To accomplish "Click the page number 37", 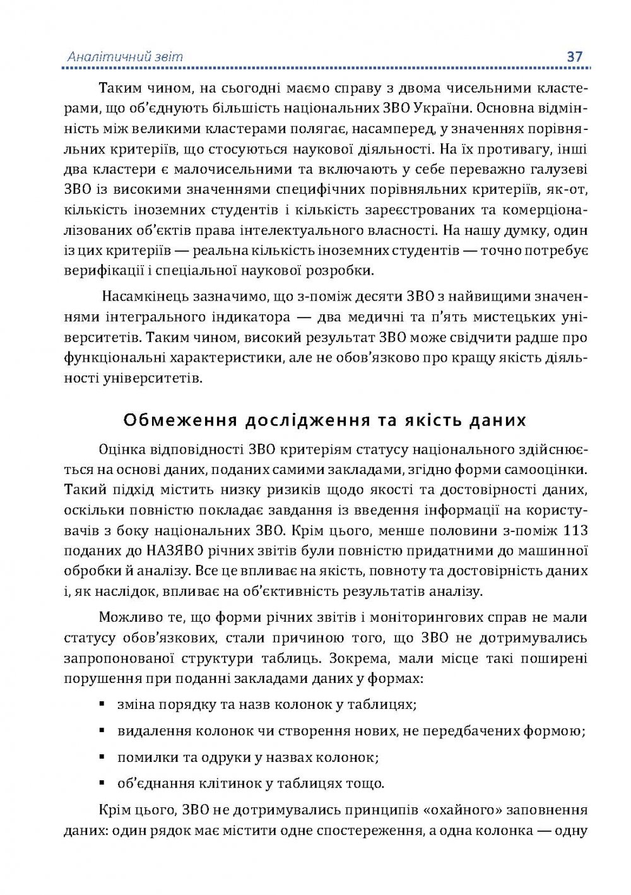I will pos(575,56).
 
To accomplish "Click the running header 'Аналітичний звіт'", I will pos(125,57).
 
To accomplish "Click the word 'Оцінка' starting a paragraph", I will pos(124,449).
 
